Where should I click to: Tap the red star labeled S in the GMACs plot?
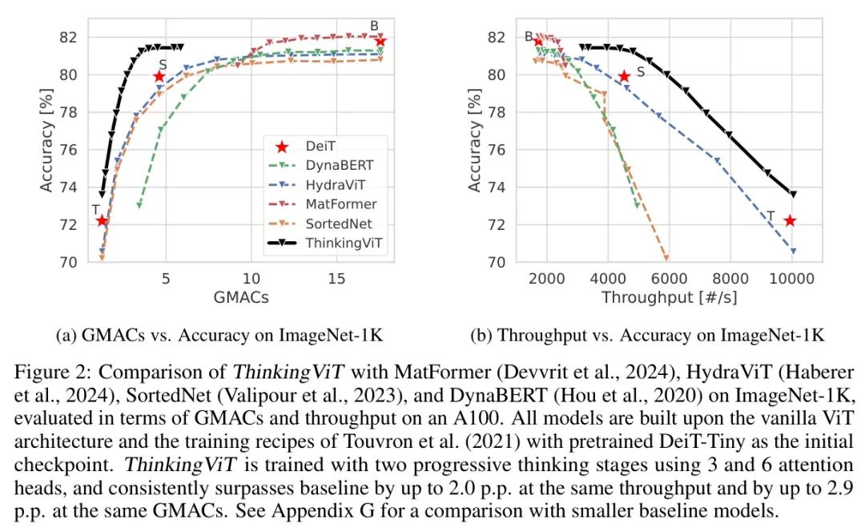coord(159,77)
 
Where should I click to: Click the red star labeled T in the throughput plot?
coord(790,220)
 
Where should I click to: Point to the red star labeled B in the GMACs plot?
coord(380,41)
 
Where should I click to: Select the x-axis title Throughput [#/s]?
coord(670,296)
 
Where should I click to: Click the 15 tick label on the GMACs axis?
coord(337,277)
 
